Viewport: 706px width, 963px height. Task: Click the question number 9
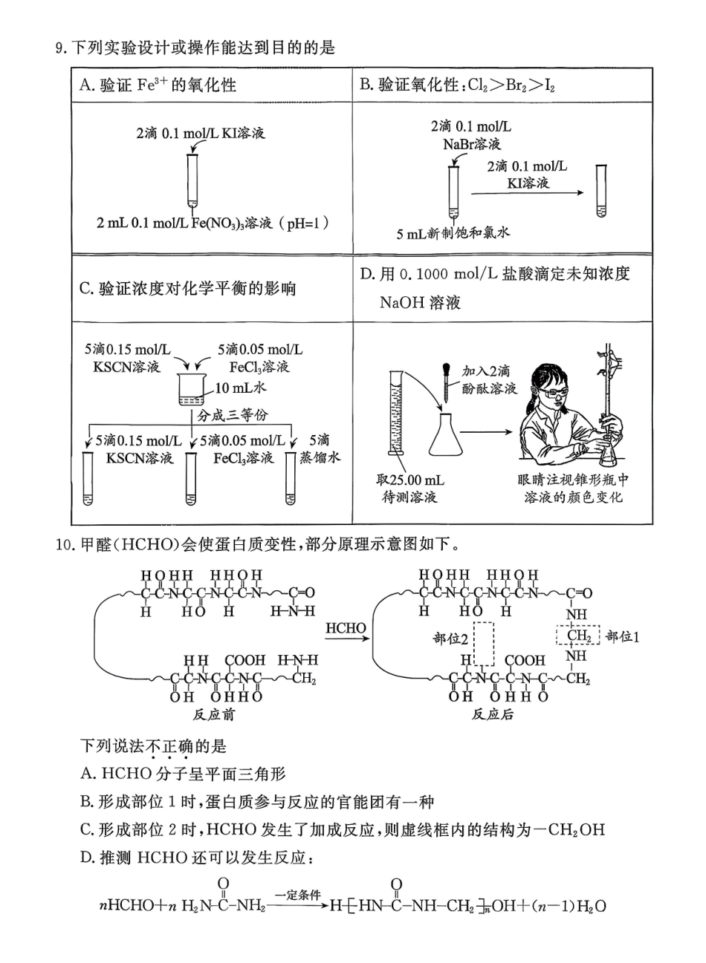[61, 49]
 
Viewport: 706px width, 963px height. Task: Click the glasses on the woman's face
[552, 391]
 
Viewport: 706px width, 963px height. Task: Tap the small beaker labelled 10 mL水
[192, 391]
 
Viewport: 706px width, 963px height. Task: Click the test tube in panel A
[192, 178]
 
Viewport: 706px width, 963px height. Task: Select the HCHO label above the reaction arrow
[346, 628]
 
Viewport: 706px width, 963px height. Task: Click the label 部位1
[623, 636]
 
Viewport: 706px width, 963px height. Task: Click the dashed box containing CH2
[578, 636]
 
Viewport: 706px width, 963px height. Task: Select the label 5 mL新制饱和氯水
[453, 233]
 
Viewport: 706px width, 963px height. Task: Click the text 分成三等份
[232, 416]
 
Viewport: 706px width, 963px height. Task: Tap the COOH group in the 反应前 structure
[244, 660]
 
